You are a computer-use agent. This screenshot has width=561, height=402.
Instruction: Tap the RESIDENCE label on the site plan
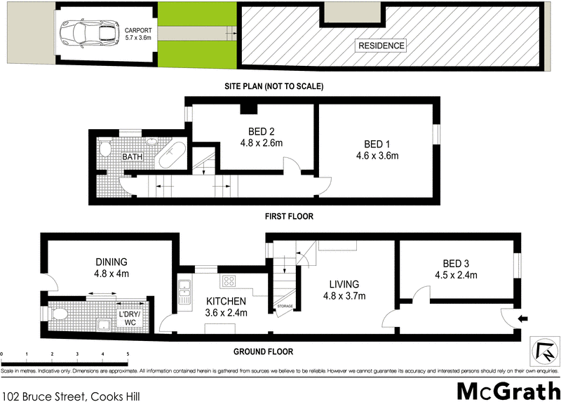coord(382,46)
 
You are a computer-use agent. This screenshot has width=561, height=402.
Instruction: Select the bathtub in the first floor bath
coord(173,155)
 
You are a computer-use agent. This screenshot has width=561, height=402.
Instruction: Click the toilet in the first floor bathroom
coord(104,148)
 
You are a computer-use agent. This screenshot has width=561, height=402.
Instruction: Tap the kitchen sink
coord(185,293)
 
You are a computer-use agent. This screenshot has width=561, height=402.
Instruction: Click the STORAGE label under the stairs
coord(285,306)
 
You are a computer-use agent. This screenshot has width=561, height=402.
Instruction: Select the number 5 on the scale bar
coord(127,354)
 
